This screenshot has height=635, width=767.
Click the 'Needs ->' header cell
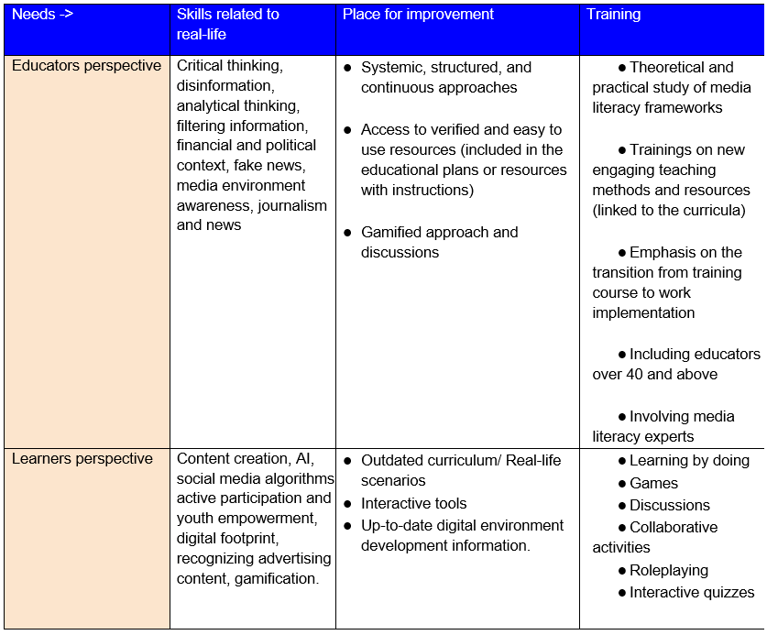42,15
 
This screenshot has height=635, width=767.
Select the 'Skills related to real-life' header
227,24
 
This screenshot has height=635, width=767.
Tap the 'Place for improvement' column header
418,15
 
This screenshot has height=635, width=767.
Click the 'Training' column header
613,15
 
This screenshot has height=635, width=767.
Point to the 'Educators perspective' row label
86,66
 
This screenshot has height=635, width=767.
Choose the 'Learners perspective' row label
82,458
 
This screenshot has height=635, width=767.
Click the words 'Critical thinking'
230,66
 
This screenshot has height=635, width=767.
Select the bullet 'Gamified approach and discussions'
439,242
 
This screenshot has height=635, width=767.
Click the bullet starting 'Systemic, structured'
445,77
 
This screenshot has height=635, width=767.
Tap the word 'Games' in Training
653,483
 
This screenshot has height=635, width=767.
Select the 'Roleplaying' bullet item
668,570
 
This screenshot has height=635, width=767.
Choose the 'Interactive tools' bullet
413,503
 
